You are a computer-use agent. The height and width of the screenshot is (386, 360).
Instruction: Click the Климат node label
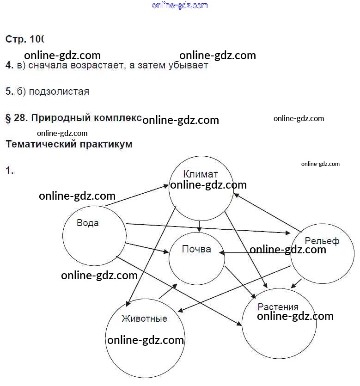click(x=200, y=174)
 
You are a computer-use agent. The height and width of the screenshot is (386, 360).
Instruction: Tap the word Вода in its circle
click(x=87, y=223)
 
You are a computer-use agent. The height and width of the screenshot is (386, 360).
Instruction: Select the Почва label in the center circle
click(x=196, y=250)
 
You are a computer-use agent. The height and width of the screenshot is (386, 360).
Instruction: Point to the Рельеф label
click(x=322, y=241)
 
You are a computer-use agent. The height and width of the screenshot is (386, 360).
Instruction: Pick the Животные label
click(x=144, y=319)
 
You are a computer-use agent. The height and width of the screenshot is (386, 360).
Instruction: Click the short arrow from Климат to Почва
click(x=199, y=225)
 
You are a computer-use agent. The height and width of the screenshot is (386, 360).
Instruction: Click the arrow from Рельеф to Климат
click(x=268, y=212)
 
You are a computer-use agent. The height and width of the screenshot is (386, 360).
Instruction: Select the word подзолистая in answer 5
click(x=59, y=92)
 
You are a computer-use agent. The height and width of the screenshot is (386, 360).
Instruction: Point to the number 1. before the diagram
click(x=9, y=171)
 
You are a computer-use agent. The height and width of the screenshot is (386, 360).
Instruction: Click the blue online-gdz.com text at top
click(x=180, y=6)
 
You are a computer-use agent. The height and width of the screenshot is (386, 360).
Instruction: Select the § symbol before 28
click(x=8, y=118)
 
